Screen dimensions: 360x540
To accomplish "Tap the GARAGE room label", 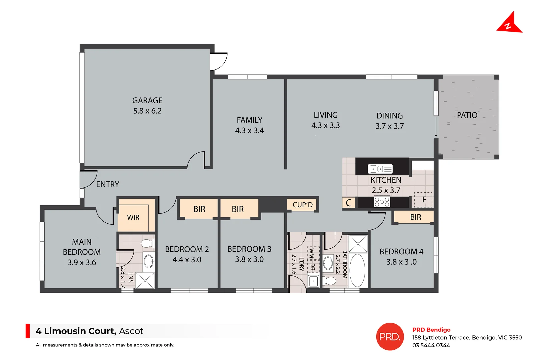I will click(147, 100).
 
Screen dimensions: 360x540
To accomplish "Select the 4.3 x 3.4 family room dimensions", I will click(249, 130).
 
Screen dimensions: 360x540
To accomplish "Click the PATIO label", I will click(467, 115).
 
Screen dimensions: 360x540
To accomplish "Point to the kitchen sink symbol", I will click(380, 169).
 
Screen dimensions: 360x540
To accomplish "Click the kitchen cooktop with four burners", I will click(382, 202).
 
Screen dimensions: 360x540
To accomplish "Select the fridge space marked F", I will click(423, 200).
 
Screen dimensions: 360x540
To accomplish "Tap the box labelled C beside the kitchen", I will click(348, 203).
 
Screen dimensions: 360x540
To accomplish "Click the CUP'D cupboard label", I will click(302, 205).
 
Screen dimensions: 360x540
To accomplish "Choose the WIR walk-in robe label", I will click(133, 217).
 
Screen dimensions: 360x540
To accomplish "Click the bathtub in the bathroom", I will click(358, 270).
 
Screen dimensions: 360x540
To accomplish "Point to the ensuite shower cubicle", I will click(145, 280).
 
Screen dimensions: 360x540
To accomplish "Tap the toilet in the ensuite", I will click(148, 243).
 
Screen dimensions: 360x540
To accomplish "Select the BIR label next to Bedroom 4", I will click(415, 217).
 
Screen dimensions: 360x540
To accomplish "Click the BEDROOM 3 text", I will click(249, 249).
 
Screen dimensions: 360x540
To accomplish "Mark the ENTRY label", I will click(107, 184).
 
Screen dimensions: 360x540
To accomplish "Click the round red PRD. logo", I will click(390, 337).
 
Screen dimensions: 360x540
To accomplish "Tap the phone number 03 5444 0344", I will click(431, 345).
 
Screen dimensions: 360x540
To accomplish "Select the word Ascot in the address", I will click(131, 331).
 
